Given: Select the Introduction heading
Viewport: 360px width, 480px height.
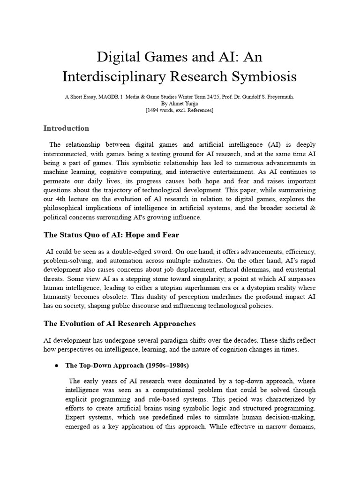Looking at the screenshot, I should tap(66, 128).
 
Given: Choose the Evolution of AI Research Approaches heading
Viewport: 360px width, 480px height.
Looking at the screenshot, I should tap(120, 323).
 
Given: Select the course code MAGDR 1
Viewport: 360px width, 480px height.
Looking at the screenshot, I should tap(116, 97).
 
